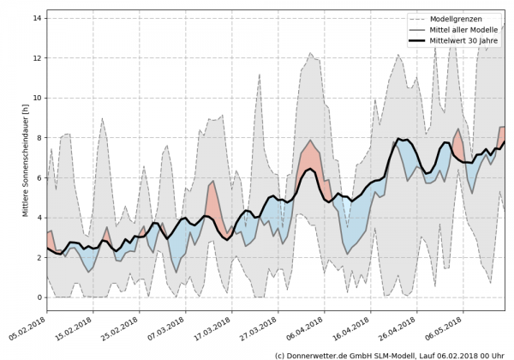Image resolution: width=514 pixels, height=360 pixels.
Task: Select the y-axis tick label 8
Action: (x=39, y=137)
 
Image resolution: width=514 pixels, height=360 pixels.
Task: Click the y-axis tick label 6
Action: (x=39, y=177)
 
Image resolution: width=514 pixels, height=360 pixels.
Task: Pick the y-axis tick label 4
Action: (x=39, y=218)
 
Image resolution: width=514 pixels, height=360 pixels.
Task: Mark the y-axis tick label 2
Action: (x=39, y=257)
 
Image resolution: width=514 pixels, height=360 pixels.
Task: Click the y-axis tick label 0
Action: (x=39, y=297)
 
